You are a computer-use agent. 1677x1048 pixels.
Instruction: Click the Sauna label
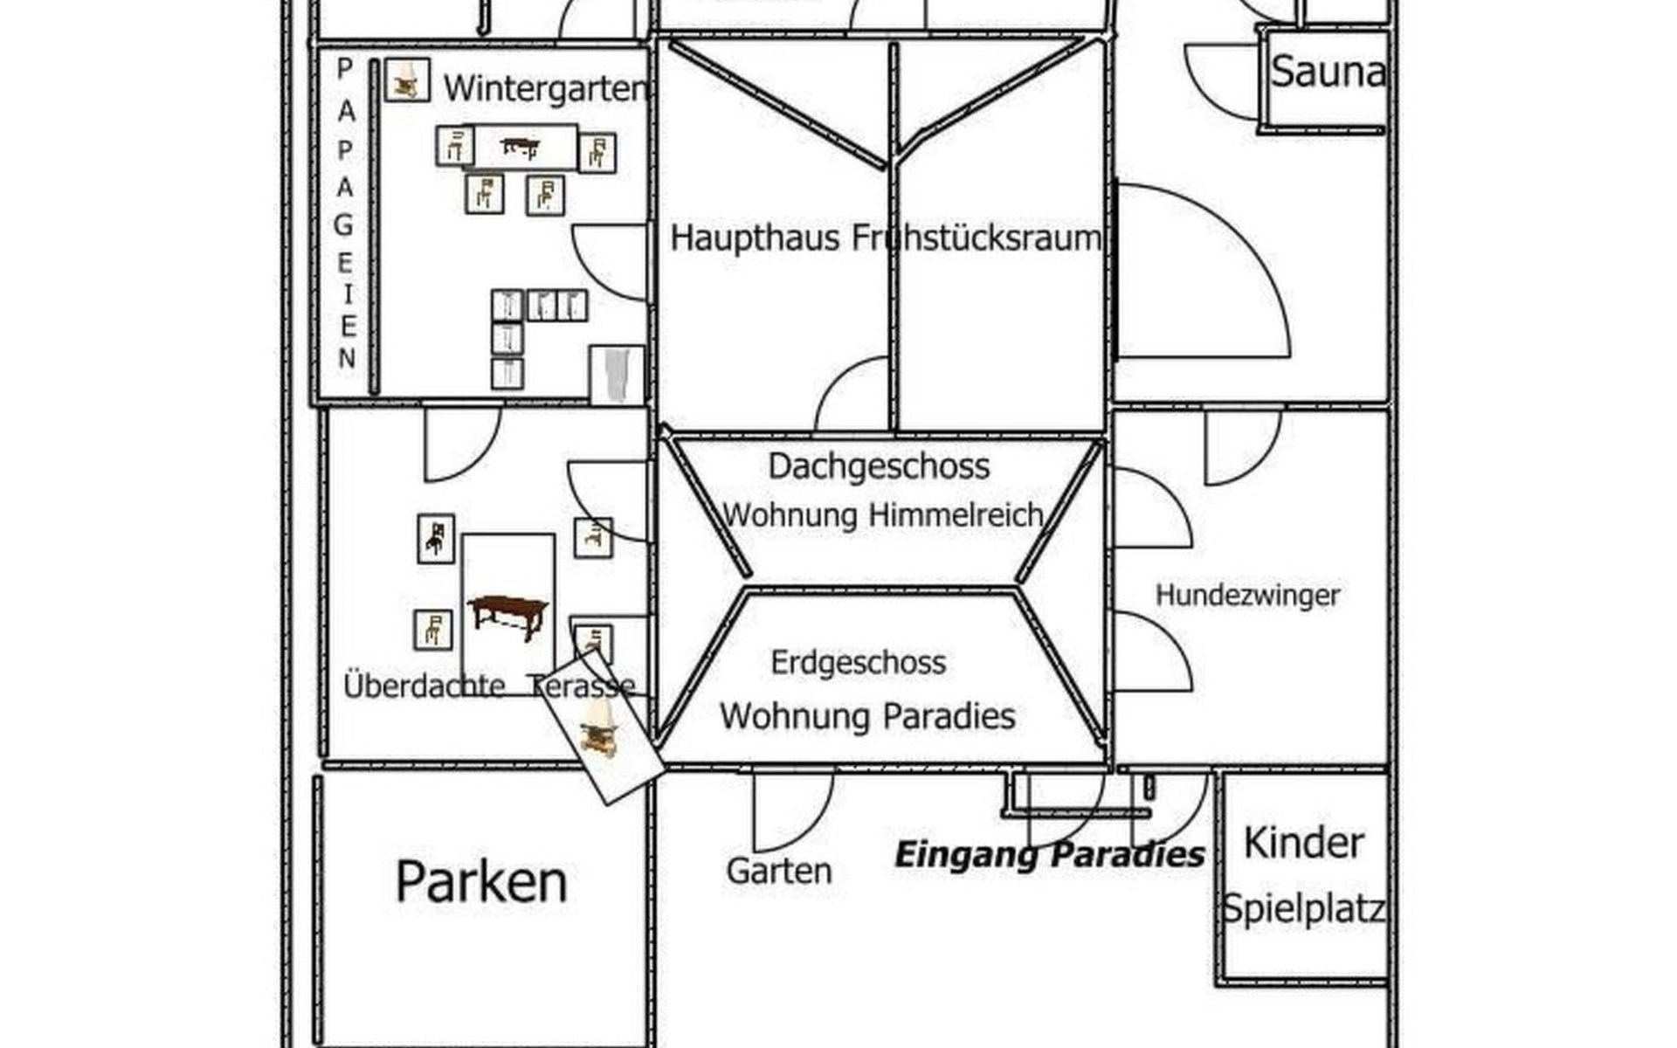[1327, 72]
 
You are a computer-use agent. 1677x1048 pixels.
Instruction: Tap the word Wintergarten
[545, 88]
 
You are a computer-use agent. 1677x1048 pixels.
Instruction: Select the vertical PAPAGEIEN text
[346, 214]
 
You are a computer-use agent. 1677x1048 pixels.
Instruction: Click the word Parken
[481, 881]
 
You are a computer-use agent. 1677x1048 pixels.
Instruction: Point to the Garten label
[778, 871]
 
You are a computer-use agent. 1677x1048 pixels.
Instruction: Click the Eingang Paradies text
[1049, 855]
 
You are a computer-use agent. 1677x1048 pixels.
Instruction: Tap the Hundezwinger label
[1247, 596]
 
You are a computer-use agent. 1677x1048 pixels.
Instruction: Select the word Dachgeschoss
[879, 466]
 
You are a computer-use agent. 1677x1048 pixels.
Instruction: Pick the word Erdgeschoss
[858, 663]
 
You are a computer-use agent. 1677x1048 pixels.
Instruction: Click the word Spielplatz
[1302, 909]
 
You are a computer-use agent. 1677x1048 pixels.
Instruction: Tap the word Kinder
[1303, 844]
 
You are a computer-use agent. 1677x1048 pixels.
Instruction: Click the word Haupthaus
[755, 238]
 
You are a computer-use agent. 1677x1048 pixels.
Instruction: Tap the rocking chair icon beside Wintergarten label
[406, 80]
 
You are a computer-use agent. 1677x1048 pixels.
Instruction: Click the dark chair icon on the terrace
[435, 538]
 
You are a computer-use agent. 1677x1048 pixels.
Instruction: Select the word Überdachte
[424, 686]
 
